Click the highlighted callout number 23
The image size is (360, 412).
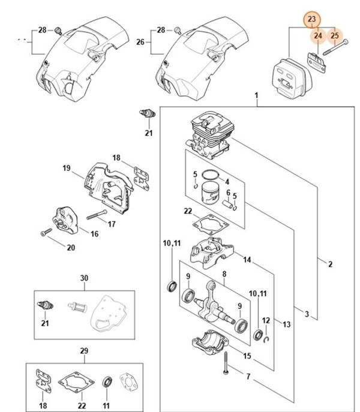311,20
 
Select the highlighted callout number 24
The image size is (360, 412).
318,37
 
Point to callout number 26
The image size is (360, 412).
140,43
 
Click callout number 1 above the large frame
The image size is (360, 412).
256,96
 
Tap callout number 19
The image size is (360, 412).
67,169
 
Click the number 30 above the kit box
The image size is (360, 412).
84,278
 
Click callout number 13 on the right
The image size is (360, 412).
286,324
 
